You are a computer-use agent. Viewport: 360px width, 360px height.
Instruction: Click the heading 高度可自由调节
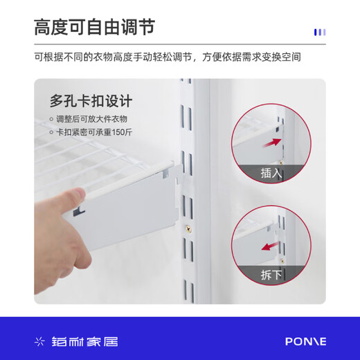pos(94,27)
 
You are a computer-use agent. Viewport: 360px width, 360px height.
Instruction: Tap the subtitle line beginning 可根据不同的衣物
pos(168,57)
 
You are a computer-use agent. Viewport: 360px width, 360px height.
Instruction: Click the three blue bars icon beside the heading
pos(320,32)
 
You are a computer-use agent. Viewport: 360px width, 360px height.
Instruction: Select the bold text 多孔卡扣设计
pos(91,101)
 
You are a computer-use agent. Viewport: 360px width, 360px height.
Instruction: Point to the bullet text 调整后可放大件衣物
pos(91,119)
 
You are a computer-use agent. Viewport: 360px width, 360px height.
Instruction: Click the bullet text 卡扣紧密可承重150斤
pos(94,132)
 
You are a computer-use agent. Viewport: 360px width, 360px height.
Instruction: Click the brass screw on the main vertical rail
pos(188,229)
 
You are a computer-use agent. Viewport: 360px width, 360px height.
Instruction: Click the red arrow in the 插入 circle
pos(272,143)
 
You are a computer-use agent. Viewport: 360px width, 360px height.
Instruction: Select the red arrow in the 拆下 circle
pos(271,246)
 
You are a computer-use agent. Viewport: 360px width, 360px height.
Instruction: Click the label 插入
pos(271,173)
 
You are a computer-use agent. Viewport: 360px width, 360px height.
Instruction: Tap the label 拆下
pos(271,275)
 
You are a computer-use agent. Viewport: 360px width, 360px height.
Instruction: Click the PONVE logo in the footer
pos(306,341)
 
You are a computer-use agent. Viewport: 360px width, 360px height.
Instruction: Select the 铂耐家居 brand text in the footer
pos(84,341)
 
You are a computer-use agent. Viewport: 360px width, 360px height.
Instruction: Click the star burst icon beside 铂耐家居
pos(39,341)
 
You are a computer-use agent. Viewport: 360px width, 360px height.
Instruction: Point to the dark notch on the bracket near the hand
pos(79,211)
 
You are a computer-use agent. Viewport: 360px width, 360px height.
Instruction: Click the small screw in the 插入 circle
pos(281,163)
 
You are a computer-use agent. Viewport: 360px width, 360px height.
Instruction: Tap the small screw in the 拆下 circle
pos(282,262)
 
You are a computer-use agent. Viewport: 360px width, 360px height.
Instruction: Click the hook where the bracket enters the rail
pos(179,176)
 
